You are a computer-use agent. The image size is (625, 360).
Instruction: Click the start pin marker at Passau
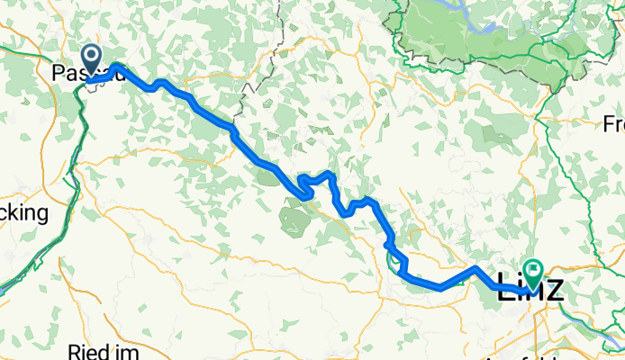tap(93, 58)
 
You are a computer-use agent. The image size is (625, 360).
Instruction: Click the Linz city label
tap(530, 290)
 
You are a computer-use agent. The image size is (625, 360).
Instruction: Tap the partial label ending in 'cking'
tap(23, 213)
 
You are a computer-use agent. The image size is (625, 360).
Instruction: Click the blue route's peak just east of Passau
tap(117, 67)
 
